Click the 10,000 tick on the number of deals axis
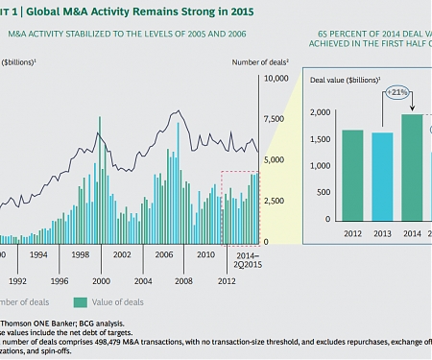(x=274, y=80)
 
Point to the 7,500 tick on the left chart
(x=274, y=120)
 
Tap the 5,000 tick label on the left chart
(x=274, y=160)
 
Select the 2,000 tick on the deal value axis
(x=320, y=113)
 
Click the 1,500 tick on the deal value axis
(x=320, y=139)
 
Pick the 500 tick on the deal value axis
(x=324, y=192)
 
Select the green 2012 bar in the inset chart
(x=352, y=174)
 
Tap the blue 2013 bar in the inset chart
(x=381, y=176)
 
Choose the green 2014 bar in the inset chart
(x=411, y=166)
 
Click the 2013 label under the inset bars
(x=381, y=233)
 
